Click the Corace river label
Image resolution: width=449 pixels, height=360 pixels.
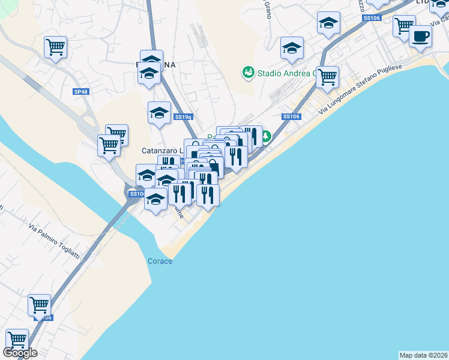160,261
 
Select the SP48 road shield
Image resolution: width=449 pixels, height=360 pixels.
80,91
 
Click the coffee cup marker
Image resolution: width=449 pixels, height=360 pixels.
420,37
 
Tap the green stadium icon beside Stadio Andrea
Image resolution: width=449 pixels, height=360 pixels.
247,73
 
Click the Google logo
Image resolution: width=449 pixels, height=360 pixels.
20,353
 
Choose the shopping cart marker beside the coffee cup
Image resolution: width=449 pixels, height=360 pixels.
404,26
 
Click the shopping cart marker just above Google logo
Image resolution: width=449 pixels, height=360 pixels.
17,339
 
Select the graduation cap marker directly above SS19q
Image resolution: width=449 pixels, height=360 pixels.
159,112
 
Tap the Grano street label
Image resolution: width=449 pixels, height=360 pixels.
267,9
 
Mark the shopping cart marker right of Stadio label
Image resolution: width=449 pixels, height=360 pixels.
327,76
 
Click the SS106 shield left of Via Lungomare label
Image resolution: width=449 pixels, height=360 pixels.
291,116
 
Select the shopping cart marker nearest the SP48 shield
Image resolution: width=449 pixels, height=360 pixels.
56,46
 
